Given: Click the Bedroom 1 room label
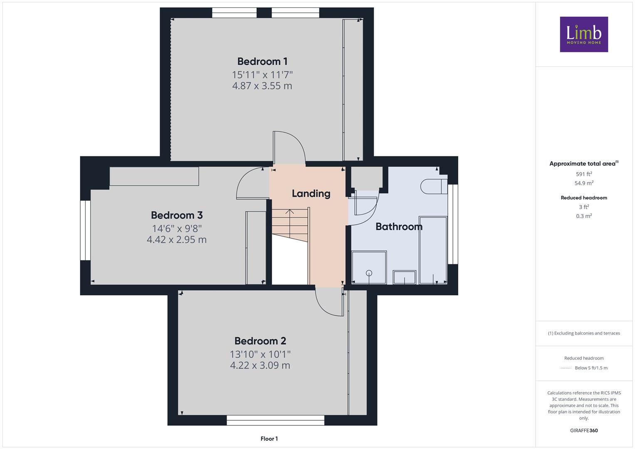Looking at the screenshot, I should click(x=262, y=62).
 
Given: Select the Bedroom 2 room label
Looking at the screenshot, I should click(x=260, y=341).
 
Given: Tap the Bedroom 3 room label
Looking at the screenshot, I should click(x=176, y=215).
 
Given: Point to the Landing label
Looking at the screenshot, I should click(x=311, y=193).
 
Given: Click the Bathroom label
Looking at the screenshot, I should click(x=399, y=227).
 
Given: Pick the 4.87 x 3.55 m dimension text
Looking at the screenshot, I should click(x=262, y=86).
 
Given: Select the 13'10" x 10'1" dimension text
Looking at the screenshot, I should click(x=260, y=354).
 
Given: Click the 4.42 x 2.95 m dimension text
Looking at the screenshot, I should click(x=176, y=240).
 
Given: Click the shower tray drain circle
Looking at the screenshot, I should click(x=369, y=273).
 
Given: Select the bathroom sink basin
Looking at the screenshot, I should click(x=404, y=277).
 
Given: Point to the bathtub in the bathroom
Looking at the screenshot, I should click(x=432, y=249).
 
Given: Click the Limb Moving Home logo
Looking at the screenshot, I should click(x=584, y=34).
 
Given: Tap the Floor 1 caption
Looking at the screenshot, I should click(x=269, y=439).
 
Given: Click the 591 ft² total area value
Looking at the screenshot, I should click(x=584, y=174).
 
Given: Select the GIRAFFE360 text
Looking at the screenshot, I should click(x=584, y=431).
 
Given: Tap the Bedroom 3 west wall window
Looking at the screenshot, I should click(x=85, y=230).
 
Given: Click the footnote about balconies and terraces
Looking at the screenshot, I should click(x=584, y=333).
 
